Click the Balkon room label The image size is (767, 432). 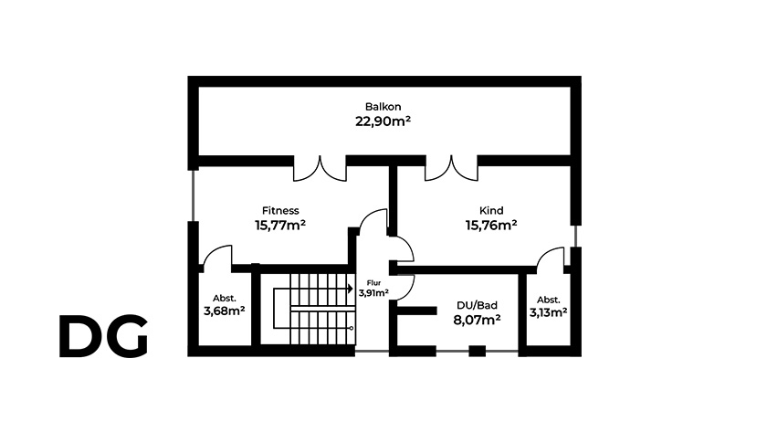point(383,107)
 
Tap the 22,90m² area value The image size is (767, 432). point(383,121)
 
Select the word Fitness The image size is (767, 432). point(280,211)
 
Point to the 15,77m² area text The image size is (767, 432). point(280,226)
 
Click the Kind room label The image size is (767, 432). point(491,211)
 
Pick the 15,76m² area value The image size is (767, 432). point(491,226)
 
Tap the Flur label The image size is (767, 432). point(373,283)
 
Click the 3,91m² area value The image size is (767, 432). point(373,293)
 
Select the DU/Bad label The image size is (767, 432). point(477,305)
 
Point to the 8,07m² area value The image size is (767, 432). point(477,320)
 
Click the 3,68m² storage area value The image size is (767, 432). point(224,311)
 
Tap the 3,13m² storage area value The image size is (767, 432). point(549,312)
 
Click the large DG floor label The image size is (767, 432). point(103,336)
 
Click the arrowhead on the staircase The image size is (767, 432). point(351,290)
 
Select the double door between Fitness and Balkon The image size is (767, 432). point(320,169)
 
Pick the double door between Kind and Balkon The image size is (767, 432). point(451,169)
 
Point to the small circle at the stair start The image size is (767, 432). point(352,328)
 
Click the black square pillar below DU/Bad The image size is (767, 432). point(478,351)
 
